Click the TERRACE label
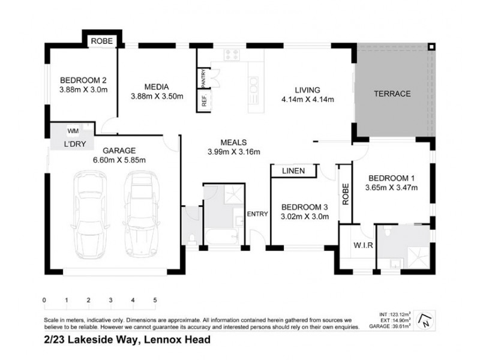(392, 94)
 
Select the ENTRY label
(257, 214)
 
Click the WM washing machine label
(73, 130)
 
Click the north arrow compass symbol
(424, 320)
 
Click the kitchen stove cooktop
(232, 56)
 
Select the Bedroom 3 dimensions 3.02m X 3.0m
(305, 217)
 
